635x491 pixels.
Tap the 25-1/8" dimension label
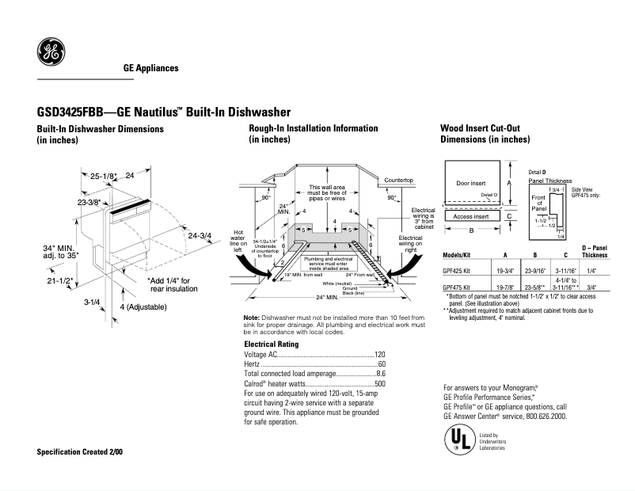(x=103, y=176)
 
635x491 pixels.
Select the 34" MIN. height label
(x=60, y=248)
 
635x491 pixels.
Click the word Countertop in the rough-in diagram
(x=399, y=181)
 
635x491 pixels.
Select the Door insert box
(x=471, y=183)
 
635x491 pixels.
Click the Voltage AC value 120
(x=379, y=354)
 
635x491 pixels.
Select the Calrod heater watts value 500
(x=379, y=383)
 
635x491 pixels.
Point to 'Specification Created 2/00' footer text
(x=80, y=451)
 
